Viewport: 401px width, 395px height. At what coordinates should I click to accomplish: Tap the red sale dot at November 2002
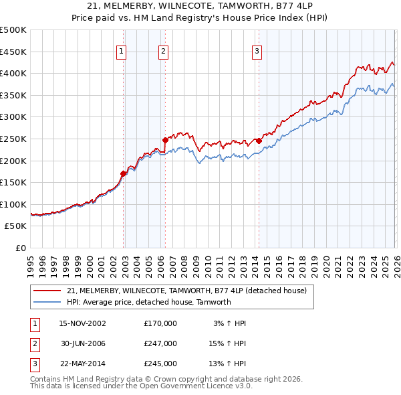124,173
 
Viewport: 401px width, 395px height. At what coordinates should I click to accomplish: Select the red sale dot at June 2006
166,140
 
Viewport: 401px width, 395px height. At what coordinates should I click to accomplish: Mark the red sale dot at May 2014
259,141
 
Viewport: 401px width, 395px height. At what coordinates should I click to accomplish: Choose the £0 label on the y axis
20,248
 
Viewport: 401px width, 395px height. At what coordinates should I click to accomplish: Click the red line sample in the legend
47,291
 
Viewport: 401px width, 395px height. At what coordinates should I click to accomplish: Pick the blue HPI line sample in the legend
47,302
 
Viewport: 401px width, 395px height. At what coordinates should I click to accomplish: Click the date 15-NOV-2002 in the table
82,323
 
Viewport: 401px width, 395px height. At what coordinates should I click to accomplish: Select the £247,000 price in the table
160,343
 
